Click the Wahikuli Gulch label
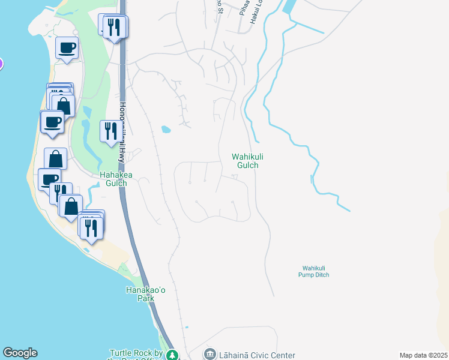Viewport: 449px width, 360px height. pyautogui.click(x=249, y=161)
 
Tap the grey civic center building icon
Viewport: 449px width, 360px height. pyautogui.click(x=209, y=354)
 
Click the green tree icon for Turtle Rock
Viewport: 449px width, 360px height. pyautogui.click(x=172, y=355)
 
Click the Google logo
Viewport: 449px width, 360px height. pyautogui.click(x=20, y=353)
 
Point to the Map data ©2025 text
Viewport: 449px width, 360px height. pyautogui.click(x=423, y=355)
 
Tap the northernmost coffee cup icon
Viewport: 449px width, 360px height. pyautogui.click(x=67, y=47)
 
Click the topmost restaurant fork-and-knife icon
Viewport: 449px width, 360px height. pyautogui.click(x=115, y=27)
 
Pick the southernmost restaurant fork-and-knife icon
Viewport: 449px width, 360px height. pyautogui.click(x=91, y=228)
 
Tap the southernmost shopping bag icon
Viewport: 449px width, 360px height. pyautogui.click(x=71, y=206)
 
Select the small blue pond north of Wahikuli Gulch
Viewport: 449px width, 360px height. pyautogui.click(x=166, y=128)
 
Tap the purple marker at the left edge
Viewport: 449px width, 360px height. pyautogui.click(x=1, y=64)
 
